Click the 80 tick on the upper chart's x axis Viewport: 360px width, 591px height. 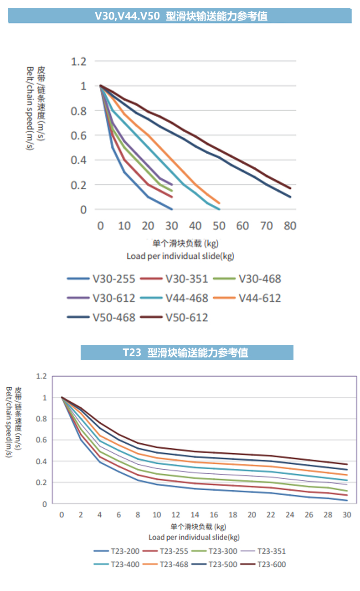pos(290,226)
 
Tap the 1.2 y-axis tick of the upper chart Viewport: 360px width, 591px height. pos(78,61)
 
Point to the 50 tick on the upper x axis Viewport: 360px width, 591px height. pos(219,226)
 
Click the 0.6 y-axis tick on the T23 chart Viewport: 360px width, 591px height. pos(41,440)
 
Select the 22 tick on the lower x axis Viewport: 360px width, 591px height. pos(271,515)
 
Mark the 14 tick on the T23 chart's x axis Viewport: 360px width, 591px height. pos(195,515)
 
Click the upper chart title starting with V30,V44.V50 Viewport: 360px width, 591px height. pos(180,16)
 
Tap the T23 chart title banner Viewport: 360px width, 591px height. pos(187,353)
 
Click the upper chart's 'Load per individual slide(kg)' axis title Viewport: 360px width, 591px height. pos(180,256)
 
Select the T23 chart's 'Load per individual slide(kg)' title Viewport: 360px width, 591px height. pos(194,537)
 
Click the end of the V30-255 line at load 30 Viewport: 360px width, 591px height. pos(172,209)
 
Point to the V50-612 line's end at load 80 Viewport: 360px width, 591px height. pos(290,188)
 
